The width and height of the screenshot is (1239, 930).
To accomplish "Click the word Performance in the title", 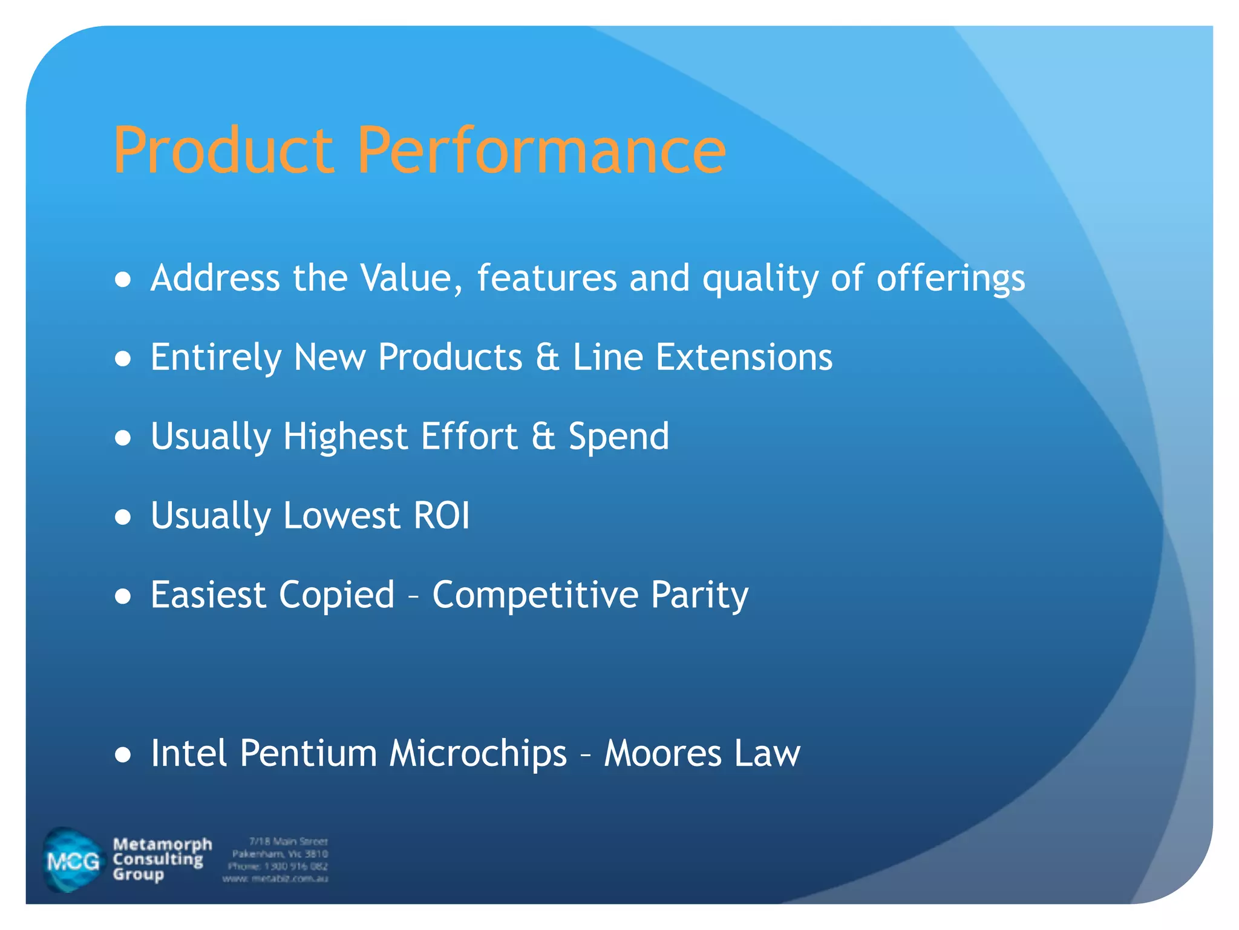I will (x=541, y=150).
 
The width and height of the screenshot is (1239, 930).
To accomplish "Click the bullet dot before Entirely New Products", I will (x=123, y=359).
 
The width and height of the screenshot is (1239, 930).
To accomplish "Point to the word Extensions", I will (x=744, y=357).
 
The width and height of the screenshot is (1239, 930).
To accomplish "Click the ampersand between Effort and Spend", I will (x=543, y=437).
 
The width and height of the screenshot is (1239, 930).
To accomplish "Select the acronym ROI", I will (x=441, y=516).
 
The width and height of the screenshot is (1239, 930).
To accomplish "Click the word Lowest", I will (x=342, y=516).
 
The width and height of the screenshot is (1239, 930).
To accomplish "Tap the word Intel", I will (x=189, y=754).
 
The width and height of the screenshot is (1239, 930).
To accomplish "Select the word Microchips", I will (x=478, y=754).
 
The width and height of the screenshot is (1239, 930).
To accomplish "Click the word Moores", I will (x=662, y=754).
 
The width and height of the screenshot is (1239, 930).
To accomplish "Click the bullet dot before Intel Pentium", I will (x=123, y=755).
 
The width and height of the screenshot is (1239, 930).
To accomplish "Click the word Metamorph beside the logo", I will (x=162, y=845).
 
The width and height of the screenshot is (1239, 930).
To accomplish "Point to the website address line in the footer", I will (x=275, y=879).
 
